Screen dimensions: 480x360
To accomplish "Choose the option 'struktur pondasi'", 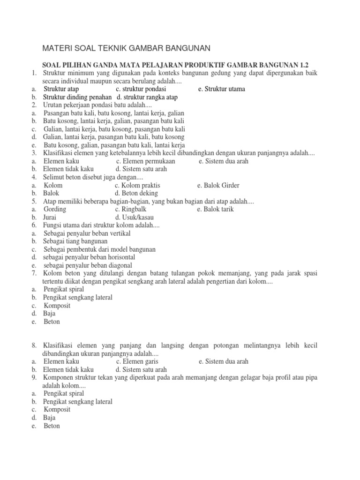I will tap(141, 89).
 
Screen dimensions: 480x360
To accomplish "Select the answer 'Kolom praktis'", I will tap(137, 185).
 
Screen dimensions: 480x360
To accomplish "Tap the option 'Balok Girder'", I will tap(219, 185).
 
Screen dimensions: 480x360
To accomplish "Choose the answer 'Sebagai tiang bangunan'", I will tap(75, 241).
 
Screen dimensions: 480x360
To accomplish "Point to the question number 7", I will tap(34, 273).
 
